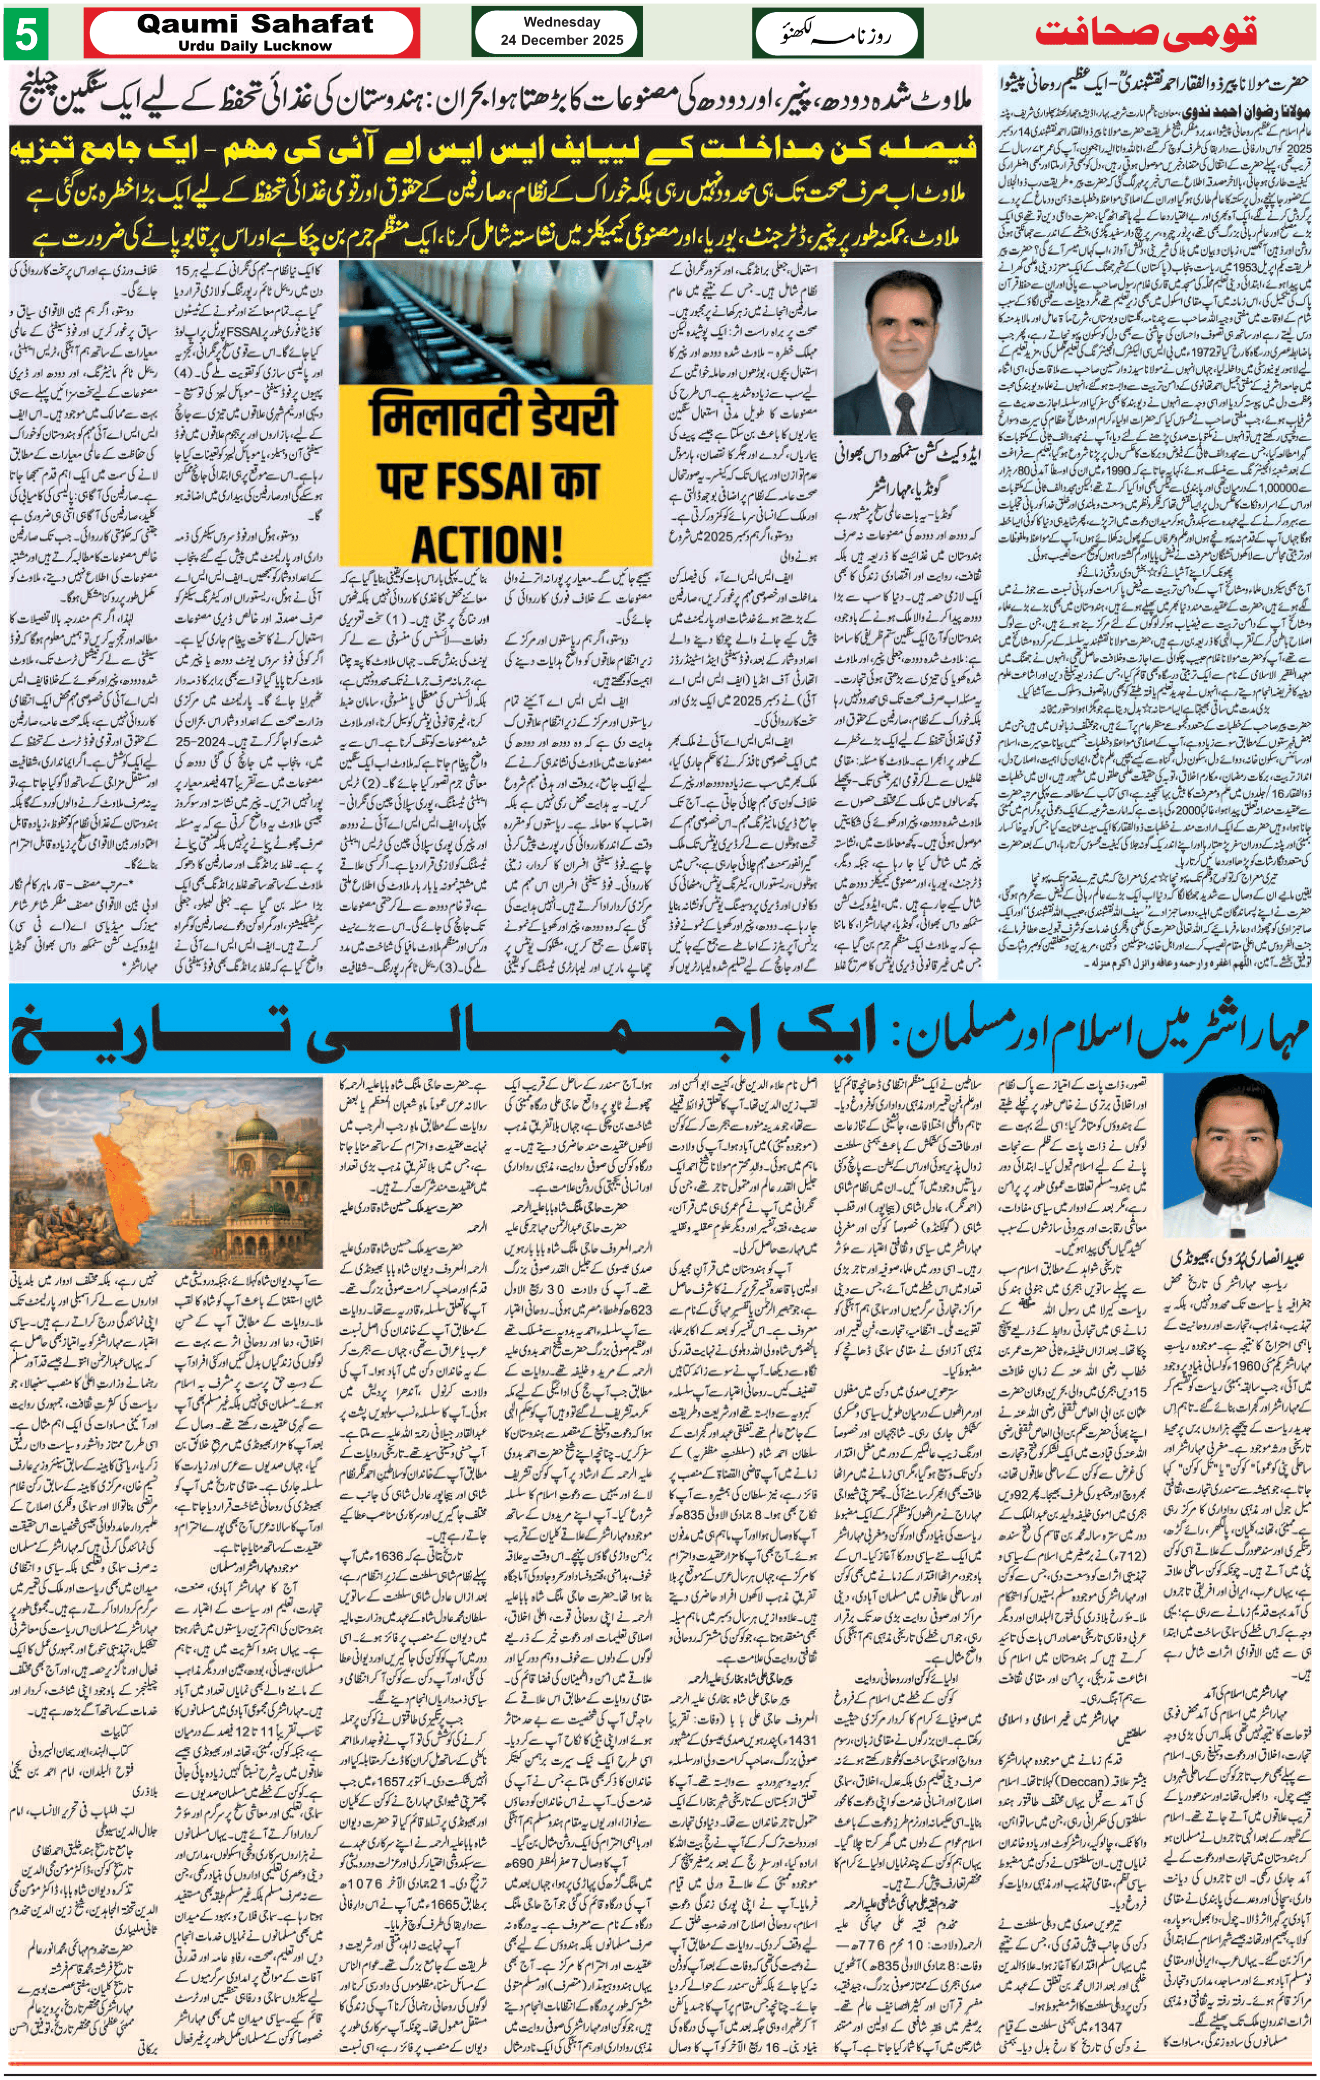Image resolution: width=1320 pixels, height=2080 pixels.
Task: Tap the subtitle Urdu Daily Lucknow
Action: (255, 46)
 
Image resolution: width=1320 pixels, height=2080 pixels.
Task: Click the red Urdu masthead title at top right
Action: (1145, 33)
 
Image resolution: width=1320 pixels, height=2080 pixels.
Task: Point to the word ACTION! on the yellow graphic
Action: (486, 544)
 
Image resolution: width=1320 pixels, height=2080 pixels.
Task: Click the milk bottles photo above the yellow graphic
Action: (495, 319)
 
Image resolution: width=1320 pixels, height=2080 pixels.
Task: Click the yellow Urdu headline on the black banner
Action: (492, 148)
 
